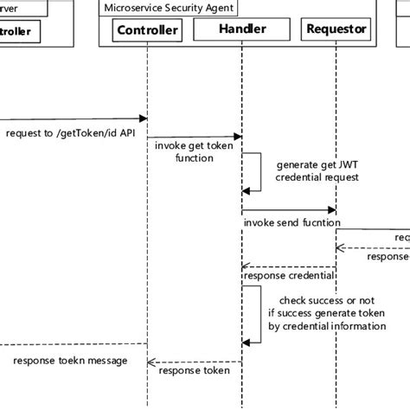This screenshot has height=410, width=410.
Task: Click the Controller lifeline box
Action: (x=148, y=30)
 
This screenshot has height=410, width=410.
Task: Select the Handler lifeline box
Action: (x=242, y=30)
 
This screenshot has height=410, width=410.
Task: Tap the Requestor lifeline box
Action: (x=336, y=30)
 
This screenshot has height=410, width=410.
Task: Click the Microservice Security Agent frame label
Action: (x=169, y=7)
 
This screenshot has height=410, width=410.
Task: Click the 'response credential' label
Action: (x=290, y=276)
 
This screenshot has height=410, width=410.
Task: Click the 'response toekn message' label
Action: (x=71, y=360)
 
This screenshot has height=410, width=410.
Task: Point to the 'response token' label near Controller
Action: (x=194, y=371)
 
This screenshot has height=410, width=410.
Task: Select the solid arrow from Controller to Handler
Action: (x=194, y=137)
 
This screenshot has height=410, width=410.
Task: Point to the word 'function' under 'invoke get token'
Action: (x=195, y=159)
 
